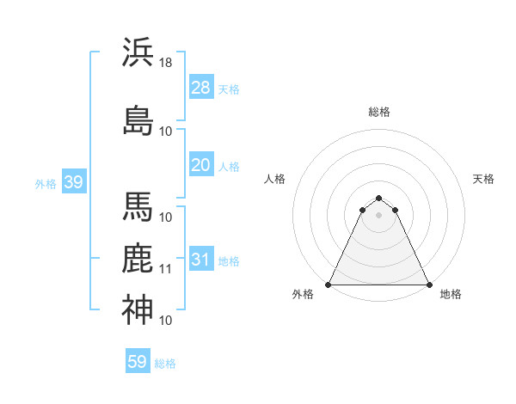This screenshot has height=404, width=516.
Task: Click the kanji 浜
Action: (138, 52)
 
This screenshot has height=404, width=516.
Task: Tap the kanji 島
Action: (138, 119)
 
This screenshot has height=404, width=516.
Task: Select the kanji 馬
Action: (138, 206)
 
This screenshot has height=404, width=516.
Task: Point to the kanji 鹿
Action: (138, 259)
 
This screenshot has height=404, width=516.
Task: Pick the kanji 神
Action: (138, 309)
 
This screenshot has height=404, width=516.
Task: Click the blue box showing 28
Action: (200, 88)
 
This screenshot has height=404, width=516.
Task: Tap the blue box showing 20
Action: (200, 165)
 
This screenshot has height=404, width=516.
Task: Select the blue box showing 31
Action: (200, 260)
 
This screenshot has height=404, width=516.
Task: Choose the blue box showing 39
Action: (73, 182)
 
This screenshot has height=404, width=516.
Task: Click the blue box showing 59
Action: (138, 362)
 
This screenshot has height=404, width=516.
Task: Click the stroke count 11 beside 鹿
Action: (166, 269)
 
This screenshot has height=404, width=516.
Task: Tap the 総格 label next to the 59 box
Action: (165, 364)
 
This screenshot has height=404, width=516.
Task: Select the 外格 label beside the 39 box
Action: (46, 183)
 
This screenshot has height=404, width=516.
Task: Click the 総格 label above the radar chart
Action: (379, 112)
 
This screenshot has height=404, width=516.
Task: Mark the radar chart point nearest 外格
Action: (329, 285)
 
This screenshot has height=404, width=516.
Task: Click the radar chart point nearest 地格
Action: (429, 285)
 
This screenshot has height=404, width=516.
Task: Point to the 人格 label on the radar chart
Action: (275, 179)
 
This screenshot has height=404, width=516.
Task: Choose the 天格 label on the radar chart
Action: (483, 179)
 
